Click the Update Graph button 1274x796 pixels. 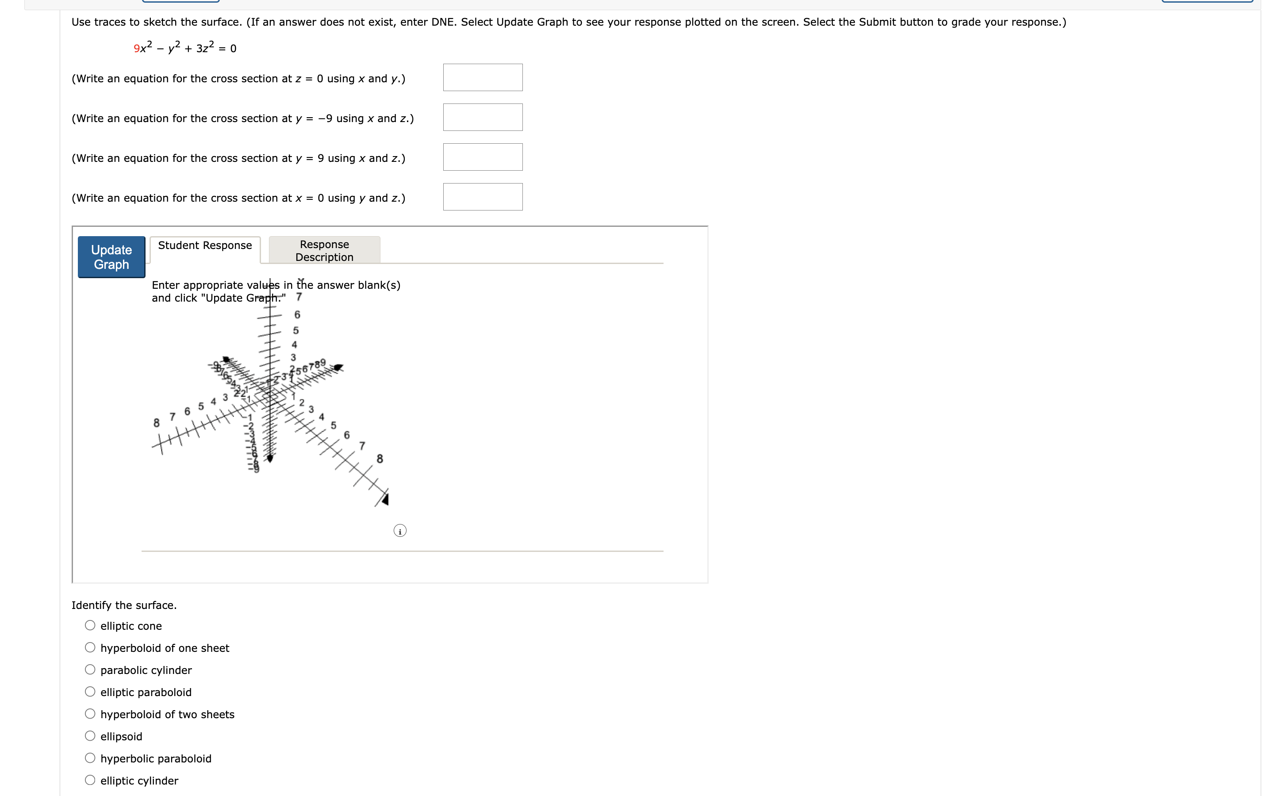111,257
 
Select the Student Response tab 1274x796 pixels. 205,246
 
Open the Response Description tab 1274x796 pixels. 324,251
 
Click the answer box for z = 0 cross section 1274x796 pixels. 482,77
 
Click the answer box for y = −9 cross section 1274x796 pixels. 482,117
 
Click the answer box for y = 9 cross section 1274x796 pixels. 482,157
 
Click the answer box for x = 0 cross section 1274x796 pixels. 482,197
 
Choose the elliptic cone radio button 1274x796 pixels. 91,625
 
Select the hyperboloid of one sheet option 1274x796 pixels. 91,647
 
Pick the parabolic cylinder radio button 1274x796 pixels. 91,670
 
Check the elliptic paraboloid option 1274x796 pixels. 91,692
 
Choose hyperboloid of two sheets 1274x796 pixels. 91,714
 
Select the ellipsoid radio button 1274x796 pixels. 91,736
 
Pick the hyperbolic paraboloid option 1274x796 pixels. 91,758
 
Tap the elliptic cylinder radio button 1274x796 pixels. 91,780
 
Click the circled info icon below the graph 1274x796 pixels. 399,531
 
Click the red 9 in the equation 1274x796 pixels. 136,49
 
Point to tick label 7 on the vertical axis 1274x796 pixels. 299,297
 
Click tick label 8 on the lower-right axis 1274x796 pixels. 380,459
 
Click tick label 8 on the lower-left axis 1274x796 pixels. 156,423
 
